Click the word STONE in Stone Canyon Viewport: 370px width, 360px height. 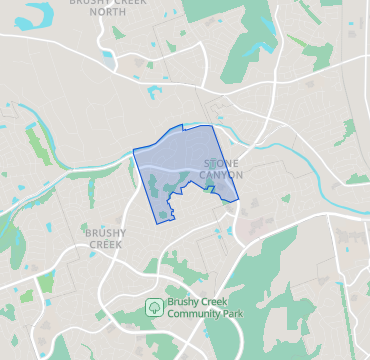(x=221, y=162)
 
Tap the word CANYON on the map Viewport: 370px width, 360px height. (x=221, y=174)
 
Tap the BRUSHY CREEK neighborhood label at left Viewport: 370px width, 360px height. (x=105, y=238)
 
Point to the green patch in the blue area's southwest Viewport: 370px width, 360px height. (x=158, y=186)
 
